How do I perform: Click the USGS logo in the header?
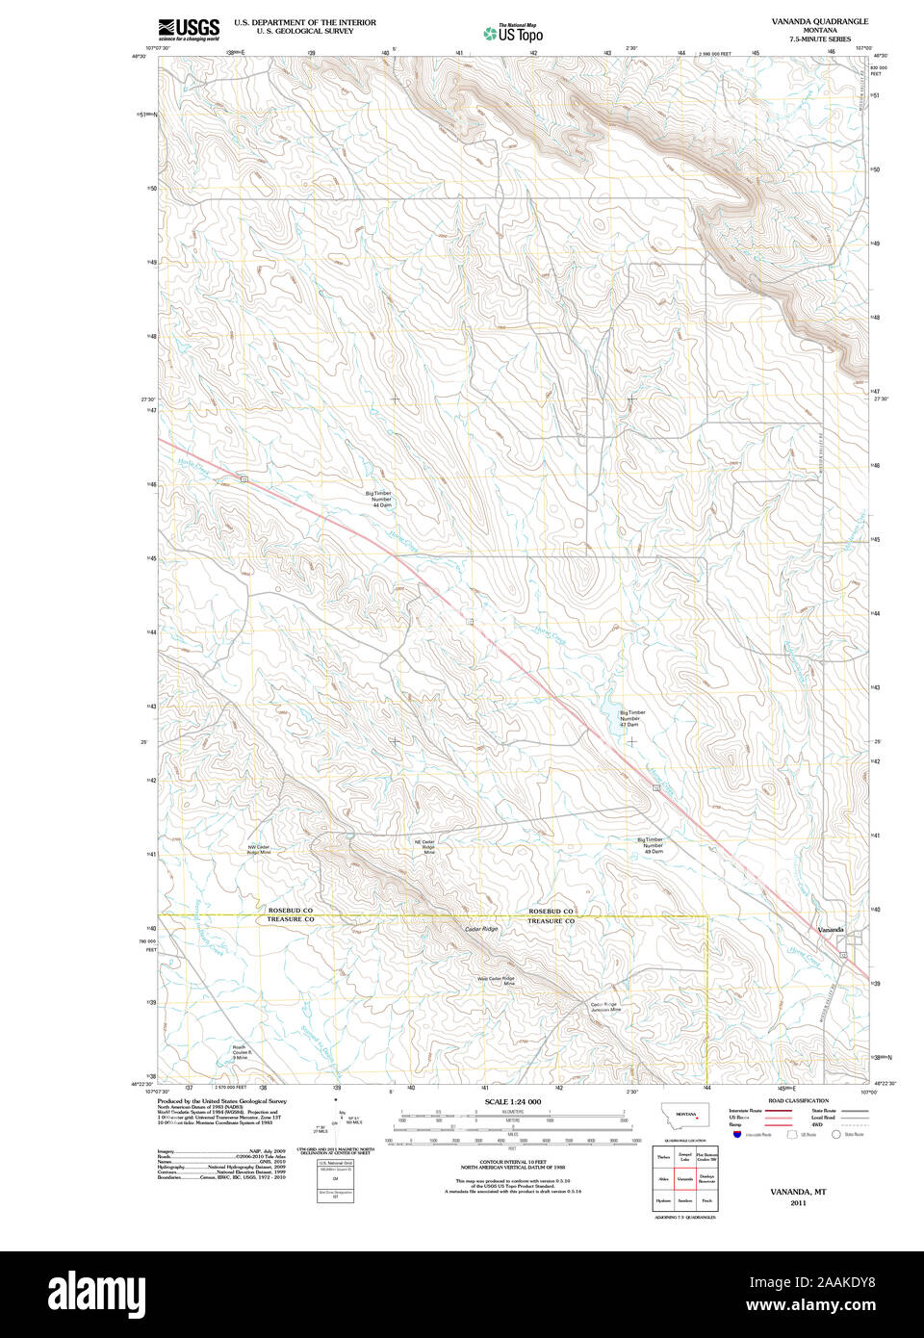(x=189, y=28)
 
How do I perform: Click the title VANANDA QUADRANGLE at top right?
(x=819, y=21)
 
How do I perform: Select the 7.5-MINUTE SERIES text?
(x=819, y=39)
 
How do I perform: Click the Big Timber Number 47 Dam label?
(x=631, y=718)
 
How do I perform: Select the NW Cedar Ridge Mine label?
(x=259, y=849)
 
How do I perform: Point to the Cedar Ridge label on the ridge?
(x=481, y=929)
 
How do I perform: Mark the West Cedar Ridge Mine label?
(x=496, y=981)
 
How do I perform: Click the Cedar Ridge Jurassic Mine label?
(x=606, y=1007)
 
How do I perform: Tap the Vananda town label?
(x=830, y=929)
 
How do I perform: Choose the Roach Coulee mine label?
(x=240, y=1052)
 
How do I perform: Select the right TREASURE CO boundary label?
(x=551, y=921)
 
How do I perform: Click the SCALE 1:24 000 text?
(x=512, y=1101)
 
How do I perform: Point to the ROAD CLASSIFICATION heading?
(x=798, y=1100)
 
